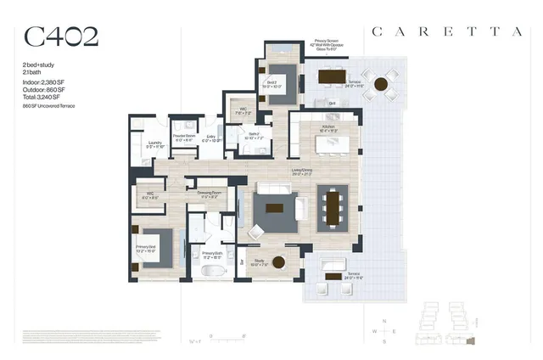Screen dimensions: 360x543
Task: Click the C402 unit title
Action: click(61, 37)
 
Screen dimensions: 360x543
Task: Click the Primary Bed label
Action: click(146, 249)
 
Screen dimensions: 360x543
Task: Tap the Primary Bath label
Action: click(212, 253)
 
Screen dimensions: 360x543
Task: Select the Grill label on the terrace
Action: click(333, 103)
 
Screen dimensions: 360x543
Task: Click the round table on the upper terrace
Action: click(381, 85)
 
